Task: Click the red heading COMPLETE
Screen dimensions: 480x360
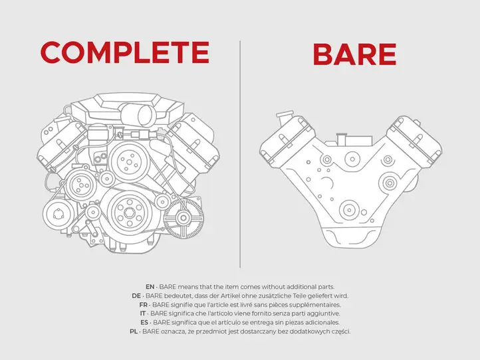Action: (x=125, y=52)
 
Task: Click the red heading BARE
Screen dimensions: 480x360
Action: (x=355, y=54)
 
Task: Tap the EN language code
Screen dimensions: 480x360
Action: (x=150, y=287)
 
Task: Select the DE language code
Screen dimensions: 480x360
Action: (x=136, y=296)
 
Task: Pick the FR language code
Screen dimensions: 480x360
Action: (x=143, y=305)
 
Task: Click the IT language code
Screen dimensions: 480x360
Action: (x=143, y=314)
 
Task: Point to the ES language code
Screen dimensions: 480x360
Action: (x=144, y=322)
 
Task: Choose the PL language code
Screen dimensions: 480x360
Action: (x=134, y=331)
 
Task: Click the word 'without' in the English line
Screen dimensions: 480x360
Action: (x=273, y=287)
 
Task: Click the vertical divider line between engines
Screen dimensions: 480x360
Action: (x=240, y=154)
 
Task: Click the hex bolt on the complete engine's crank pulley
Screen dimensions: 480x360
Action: (x=130, y=212)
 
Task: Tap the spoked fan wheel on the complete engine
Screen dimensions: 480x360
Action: (x=183, y=218)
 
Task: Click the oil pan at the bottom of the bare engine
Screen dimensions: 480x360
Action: (x=350, y=237)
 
